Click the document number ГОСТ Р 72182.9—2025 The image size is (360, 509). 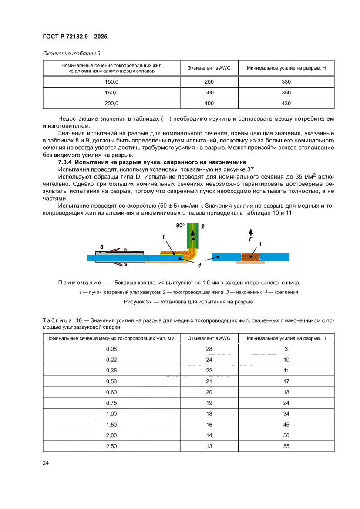[75, 37]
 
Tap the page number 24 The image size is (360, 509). [46, 462]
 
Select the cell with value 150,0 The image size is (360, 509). [111, 81]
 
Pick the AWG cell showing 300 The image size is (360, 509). [209, 92]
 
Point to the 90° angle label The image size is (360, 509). [180, 226]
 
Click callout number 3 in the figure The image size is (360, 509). [102, 247]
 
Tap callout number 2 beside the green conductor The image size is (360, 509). [202, 226]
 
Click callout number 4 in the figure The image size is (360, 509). [199, 265]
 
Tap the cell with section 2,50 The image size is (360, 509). [111, 446]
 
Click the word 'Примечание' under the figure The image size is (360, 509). [80, 283]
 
